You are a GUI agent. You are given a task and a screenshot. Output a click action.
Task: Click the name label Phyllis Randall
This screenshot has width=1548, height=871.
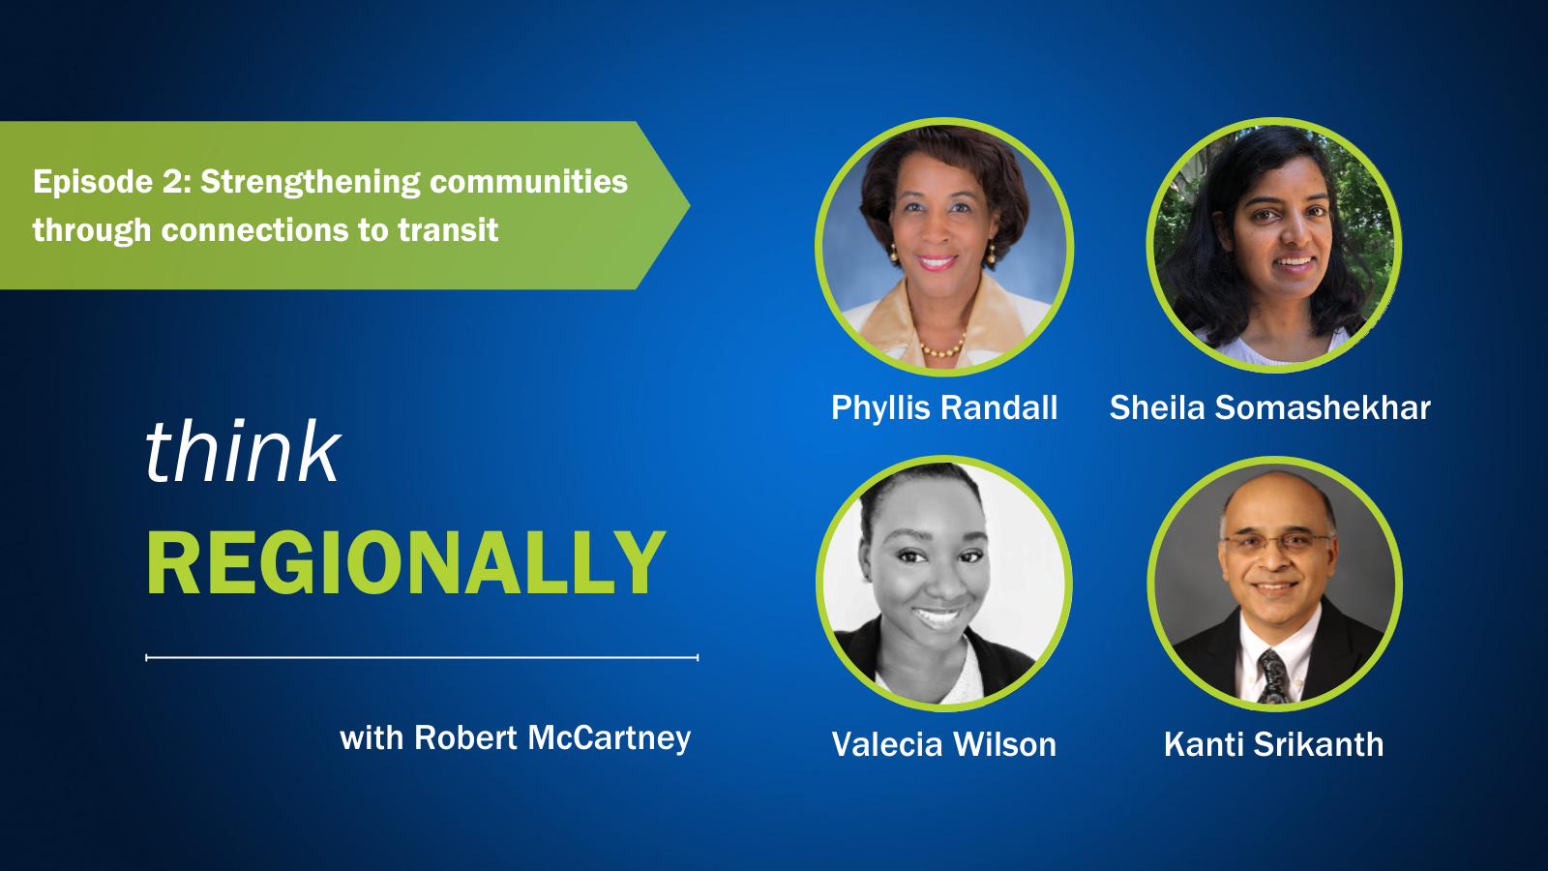pyautogui.click(x=944, y=407)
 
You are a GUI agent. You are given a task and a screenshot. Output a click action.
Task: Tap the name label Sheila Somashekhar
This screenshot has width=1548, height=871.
pyautogui.click(x=1269, y=407)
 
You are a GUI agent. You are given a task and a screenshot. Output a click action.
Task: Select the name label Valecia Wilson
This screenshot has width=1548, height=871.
pyautogui.click(x=944, y=744)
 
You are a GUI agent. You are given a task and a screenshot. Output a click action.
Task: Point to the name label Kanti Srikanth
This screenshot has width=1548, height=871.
pyautogui.click(x=1273, y=744)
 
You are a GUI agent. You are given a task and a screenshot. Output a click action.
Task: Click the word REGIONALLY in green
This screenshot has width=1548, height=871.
pyautogui.click(x=406, y=562)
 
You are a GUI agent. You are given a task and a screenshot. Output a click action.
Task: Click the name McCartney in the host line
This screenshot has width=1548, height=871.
pyautogui.click(x=609, y=739)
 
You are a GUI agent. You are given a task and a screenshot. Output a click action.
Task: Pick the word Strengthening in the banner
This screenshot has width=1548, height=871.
pyautogui.click(x=311, y=183)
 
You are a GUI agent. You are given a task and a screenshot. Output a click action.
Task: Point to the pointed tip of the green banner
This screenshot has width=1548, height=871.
pyautogui.click(x=689, y=204)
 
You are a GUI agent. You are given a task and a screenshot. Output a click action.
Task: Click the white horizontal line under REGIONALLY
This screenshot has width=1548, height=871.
pyautogui.click(x=422, y=657)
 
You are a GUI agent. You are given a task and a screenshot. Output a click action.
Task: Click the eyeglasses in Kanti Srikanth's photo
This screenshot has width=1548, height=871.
pyautogui.click(x=1276, y=543)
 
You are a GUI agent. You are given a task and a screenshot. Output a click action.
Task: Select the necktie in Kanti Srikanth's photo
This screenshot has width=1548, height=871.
pyautogui.click(x=1273, y=676)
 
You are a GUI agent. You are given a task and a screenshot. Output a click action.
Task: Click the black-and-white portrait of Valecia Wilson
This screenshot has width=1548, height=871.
pyautogui.click(x=944, y=583)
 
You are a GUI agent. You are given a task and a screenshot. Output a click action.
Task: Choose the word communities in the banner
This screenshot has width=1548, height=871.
pyautogui.click(x=528, y=182)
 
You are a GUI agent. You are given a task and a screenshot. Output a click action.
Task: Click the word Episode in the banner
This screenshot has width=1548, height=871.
pyautogui.click(x=93, y=183)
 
